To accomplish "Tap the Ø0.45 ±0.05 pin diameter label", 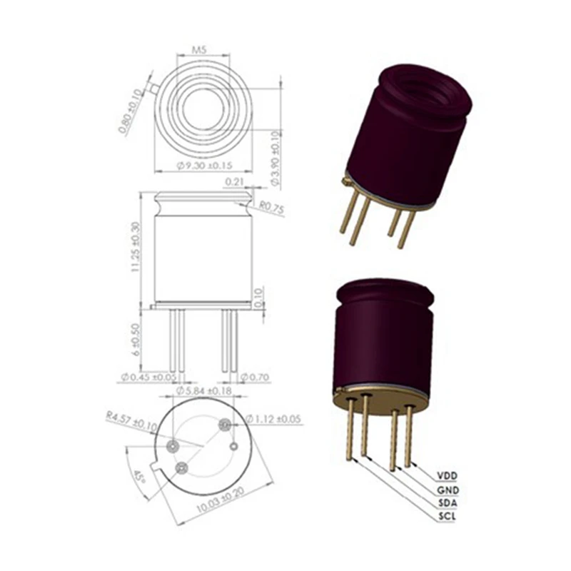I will point(148,377).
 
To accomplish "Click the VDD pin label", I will point(446,475).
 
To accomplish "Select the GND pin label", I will point(447,490).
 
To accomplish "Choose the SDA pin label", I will point(446,503).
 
